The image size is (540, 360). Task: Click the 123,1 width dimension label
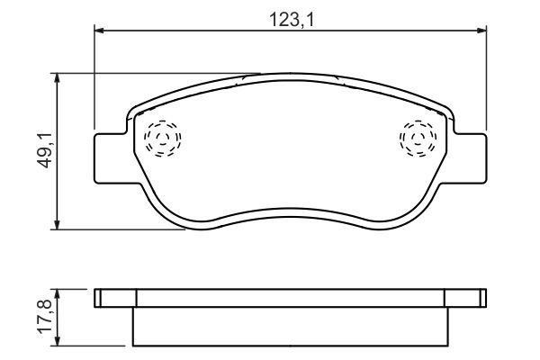point(292,19)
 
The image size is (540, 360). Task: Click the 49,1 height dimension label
point(45,150)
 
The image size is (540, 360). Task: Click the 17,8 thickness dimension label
point(45,317)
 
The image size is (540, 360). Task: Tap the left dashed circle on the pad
point(163,139)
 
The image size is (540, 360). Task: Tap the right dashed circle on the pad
point(418,139)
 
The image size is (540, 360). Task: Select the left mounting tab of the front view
point(111,158)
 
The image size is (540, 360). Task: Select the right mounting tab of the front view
point(470,158)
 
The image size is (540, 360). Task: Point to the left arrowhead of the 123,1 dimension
point(99,31)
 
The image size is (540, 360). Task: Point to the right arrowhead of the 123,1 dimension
point(481,31)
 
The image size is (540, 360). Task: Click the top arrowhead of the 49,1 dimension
point(58,78)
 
